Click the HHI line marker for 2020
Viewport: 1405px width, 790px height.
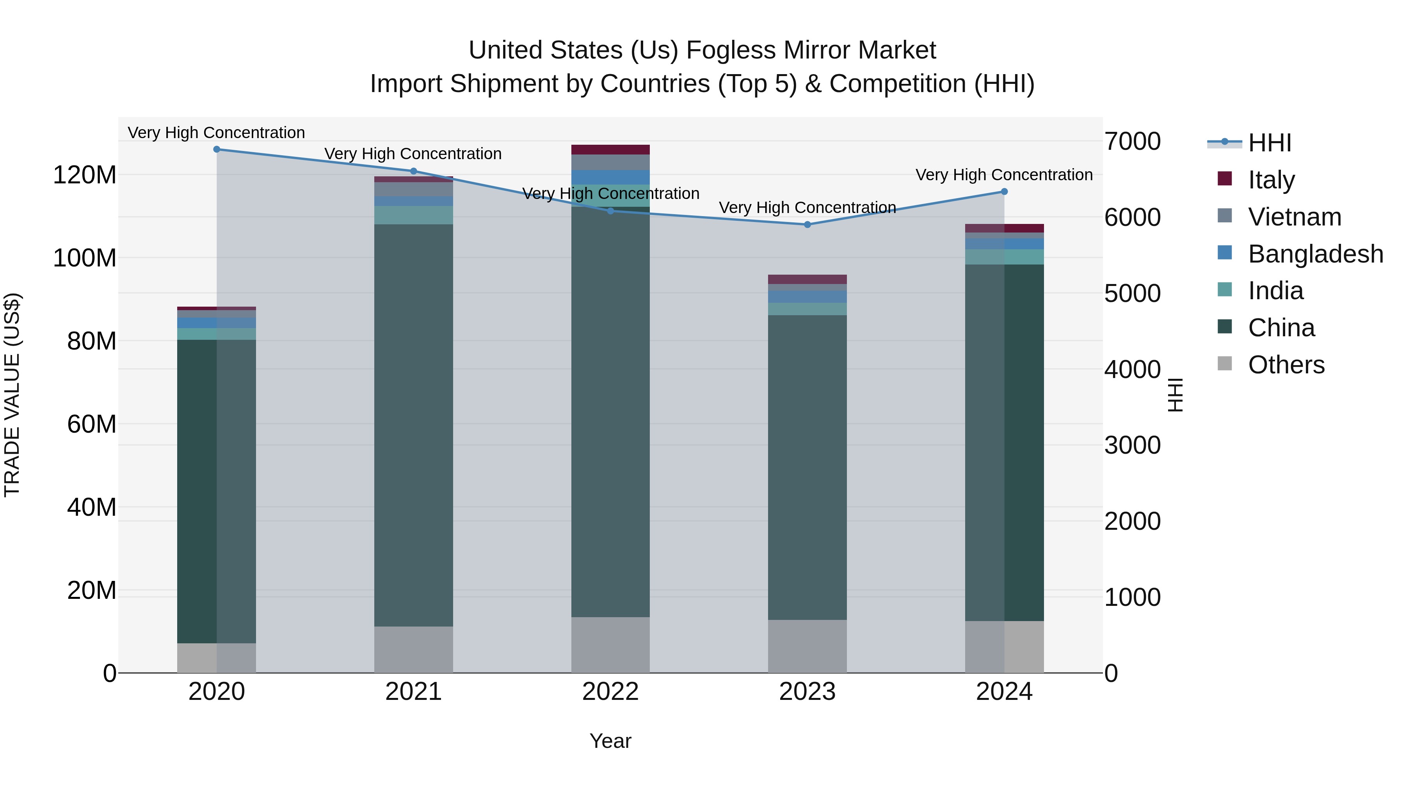pyautogui.click(x=217, y=149)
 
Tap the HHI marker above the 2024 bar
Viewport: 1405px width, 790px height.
pyautogui.click(x=1004, y=192)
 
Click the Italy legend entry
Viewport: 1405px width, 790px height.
pyautogui.click(x=1271, y=180)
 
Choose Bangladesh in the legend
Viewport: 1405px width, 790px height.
pyautogui.click(x=1314, y=254)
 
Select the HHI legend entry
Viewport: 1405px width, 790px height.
pyautogui.click(x=1269, y=143)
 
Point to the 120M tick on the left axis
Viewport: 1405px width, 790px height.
pyautogui.click(x=85, y=176)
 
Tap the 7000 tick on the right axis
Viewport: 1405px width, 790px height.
pyautogui.click(x=1132, y=142)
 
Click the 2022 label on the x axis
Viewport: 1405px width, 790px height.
pyautogui.click(x=610, y=692)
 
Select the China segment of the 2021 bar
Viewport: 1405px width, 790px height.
pyautogui.click(x=413, y=425)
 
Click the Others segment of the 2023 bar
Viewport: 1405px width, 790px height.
pyautogui.click(x=807, y=646)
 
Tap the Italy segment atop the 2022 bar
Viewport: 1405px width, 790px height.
pyautogui.click(x=610, y=149)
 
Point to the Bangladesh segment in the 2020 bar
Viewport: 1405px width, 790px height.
pyautogui.click(x=217, y=323)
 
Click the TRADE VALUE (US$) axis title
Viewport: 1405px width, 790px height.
pyautogui.click(x=12, y=395)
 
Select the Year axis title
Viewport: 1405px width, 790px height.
pyautogui.click(x=610, y=741)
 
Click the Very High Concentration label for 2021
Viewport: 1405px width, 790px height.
pyautogui.click(x=413, y=154)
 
